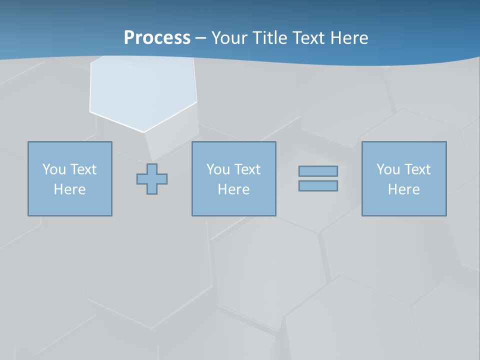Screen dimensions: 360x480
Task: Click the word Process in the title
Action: point(157,37)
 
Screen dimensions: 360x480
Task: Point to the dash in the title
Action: point(200,38)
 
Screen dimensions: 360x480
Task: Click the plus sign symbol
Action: point(152,179)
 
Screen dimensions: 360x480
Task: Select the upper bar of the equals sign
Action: point(318,171)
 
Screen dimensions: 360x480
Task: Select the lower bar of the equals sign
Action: point(318,186)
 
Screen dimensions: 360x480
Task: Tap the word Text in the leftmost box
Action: point(83,169)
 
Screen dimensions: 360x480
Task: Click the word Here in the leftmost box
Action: point(69,189)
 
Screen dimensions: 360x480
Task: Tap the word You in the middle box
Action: point(217,169)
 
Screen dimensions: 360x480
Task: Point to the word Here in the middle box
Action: point(233,189)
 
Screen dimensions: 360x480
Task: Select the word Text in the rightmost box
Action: point(417,169)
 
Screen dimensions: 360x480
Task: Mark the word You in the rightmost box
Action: point(387,169)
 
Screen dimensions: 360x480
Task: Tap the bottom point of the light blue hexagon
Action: point(143,132)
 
